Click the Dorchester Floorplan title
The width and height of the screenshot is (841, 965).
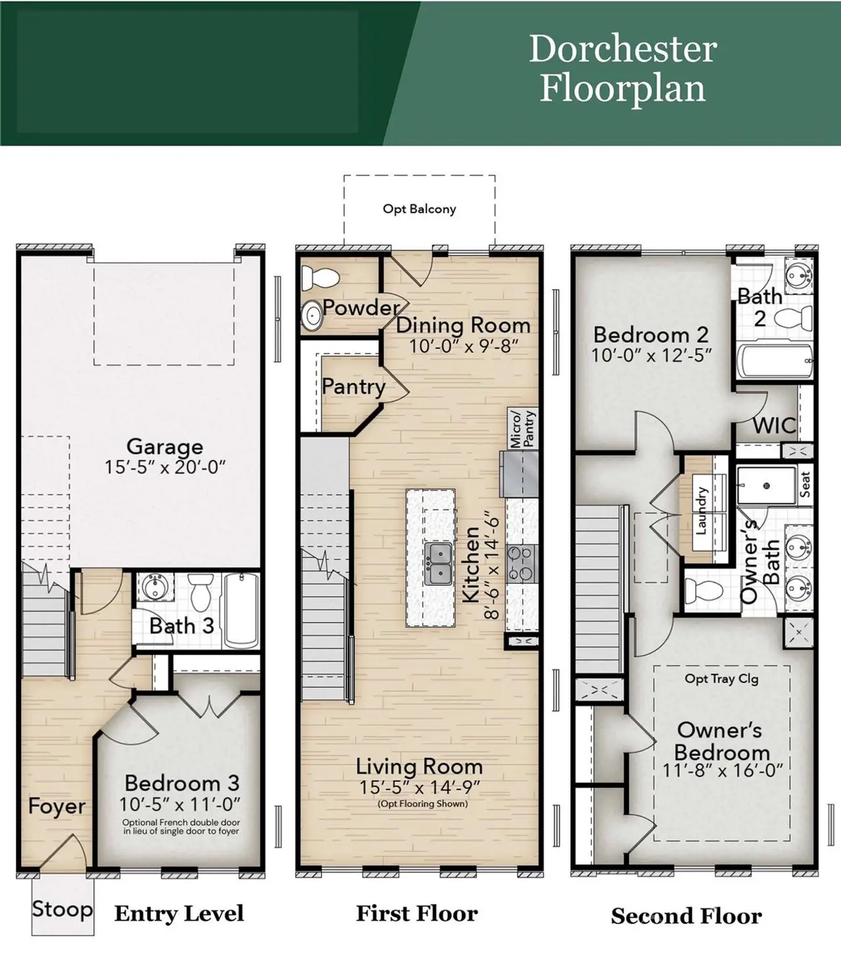622,68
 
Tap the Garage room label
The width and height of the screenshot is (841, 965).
164,447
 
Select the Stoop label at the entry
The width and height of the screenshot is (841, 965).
62,909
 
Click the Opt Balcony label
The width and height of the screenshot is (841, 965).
419,209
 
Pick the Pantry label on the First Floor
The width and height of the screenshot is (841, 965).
353,386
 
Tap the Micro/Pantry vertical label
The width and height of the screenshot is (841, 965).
523,428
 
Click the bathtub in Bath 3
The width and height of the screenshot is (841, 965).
241,610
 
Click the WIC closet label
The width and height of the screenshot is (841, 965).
774,426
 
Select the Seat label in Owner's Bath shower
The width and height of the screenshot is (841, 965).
805,485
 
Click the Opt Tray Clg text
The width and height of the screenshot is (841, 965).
721,679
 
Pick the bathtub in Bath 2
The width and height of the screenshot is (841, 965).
774,361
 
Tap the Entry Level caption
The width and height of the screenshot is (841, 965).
179,913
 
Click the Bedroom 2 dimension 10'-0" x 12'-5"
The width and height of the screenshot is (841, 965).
651,355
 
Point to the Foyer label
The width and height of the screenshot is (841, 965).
57,806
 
